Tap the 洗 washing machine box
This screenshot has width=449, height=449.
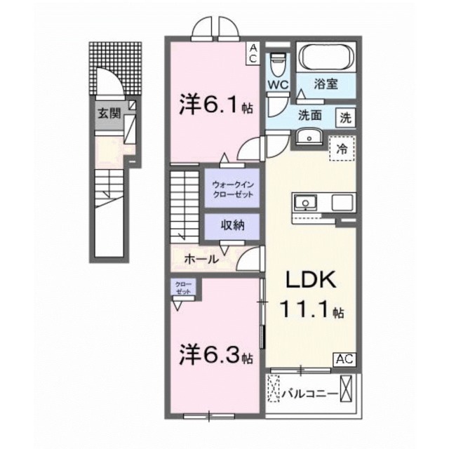(x=346, y=118)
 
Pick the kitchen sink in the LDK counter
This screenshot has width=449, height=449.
(x=307, y=202)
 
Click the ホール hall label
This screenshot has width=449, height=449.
(x=201, y=259)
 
